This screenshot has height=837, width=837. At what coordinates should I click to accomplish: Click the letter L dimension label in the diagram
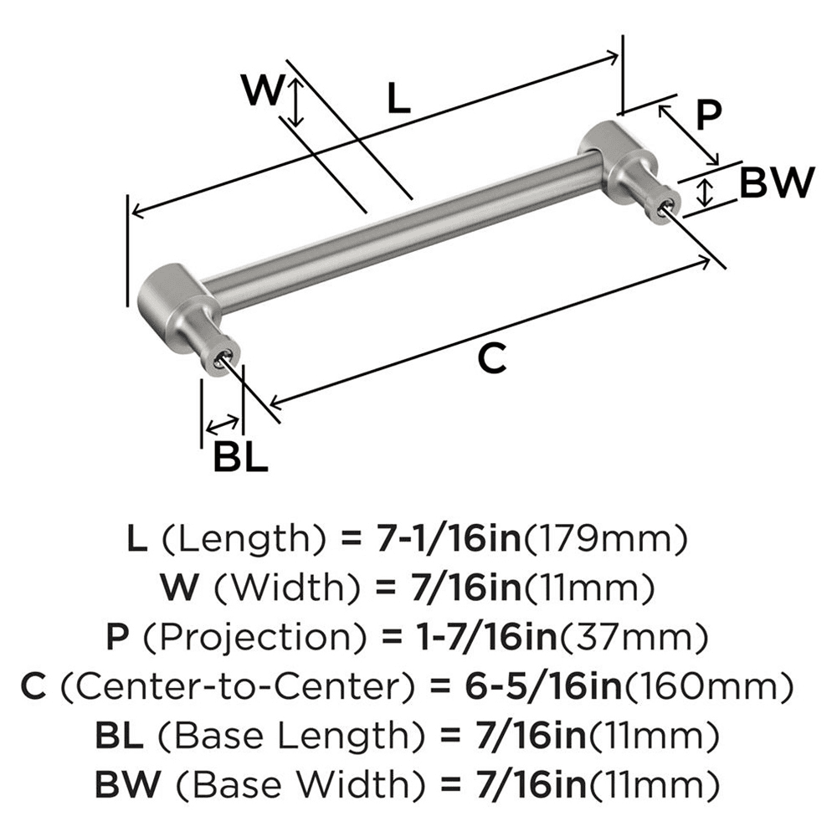point(399,100)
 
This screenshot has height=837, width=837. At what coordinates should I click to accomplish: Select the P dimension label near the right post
point(708,115)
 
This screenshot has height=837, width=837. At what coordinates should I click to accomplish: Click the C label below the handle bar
point(491,358)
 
